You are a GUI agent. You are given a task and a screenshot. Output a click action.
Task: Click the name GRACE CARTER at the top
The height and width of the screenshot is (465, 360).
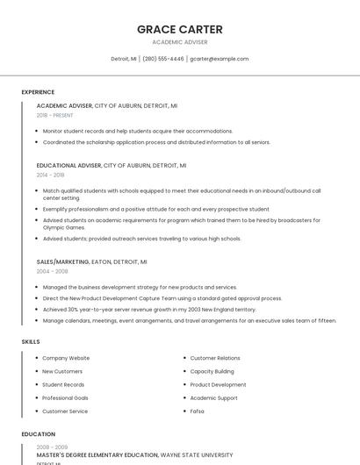tap(180, 30)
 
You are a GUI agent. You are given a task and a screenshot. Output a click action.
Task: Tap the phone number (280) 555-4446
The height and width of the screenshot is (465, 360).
tap(162, 59)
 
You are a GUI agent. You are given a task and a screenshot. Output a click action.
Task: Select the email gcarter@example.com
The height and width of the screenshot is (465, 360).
tap(220, 59)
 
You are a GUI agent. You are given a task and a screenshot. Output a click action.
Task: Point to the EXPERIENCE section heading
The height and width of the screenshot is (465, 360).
tap(38, 92)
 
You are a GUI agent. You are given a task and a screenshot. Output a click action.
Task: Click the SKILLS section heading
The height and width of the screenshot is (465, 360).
tap(31, 341)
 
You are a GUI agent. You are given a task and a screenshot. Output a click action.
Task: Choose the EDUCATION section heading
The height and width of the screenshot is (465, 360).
tap(38, 434)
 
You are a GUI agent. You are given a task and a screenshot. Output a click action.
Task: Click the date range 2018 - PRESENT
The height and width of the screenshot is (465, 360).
tap(54, 115)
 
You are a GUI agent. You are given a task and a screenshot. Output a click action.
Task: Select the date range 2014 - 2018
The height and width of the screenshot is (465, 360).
tap(50, 175)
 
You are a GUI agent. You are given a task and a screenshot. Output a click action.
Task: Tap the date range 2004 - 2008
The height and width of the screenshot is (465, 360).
tap(52, 271)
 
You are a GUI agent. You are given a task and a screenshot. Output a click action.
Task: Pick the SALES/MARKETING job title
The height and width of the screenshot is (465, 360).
tap(62, 261)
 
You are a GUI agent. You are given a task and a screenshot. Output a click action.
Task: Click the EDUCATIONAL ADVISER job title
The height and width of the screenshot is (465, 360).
tap(68, 165)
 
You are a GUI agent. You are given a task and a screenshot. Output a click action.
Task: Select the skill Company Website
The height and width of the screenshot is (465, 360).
tap(66, 358)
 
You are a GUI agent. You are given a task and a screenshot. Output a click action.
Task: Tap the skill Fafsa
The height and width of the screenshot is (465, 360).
tap(198, 411)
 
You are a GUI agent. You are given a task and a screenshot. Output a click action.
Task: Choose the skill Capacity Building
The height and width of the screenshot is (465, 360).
tap(212, 371)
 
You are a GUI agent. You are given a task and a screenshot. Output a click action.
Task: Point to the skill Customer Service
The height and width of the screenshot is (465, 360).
tap(65, 411)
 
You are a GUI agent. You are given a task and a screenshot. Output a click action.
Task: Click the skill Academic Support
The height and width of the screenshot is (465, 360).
tap(213, 398)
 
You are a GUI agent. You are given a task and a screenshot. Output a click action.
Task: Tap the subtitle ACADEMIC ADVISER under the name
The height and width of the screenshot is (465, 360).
tap(180, 41)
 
